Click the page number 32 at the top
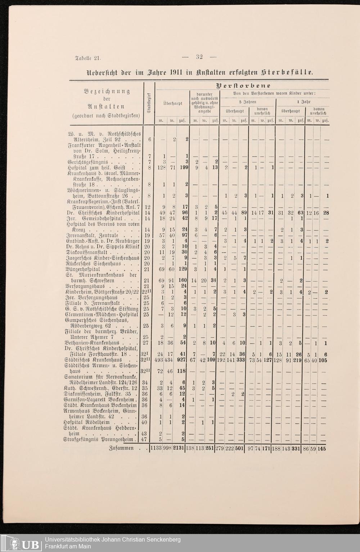199,57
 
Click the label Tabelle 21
88,58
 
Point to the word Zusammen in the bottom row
121,449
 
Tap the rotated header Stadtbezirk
149,103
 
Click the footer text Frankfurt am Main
68,547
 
